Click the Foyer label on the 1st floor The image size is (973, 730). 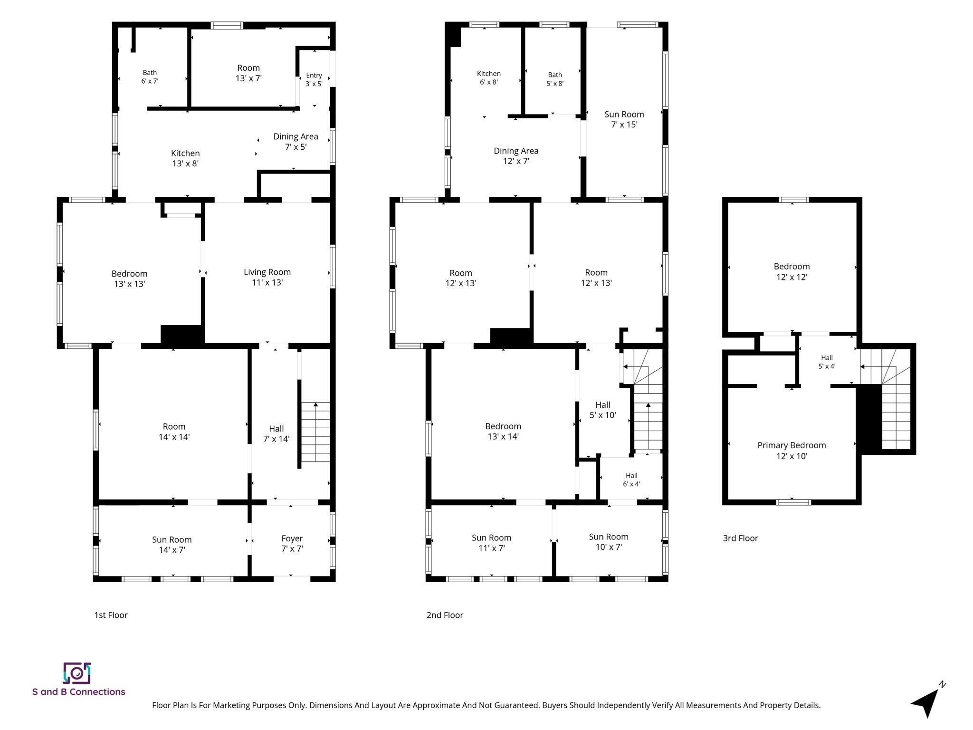tap(292, 544)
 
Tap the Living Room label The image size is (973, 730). tap(267, 277)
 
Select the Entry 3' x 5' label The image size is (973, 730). tap(314, 79)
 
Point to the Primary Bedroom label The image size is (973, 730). tap(792, 451)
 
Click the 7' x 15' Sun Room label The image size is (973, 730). tap(624, 119)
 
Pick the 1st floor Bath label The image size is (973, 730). tap(150, 77)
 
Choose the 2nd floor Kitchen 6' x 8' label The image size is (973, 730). tap(489, 77)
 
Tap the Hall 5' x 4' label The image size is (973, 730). tap(827, 362)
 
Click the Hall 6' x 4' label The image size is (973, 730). tap(631, 480)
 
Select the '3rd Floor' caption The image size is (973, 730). tap(740, 538)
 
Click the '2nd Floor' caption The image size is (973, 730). tap(445, 615)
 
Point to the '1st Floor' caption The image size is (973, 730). tap(111, 615)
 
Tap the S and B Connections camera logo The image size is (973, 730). tap(77, 673)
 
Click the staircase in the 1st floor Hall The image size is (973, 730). tap(315, 432)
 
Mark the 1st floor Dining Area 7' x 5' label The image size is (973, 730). tap(296, 142)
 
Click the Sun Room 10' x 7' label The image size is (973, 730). tap(609, 542)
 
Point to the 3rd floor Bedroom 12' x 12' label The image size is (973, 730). tap(792, 271)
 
